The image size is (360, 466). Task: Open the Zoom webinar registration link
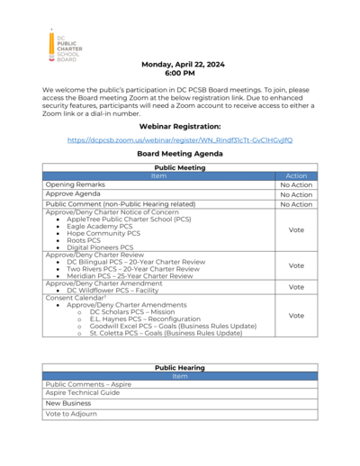click(x=179, y=140)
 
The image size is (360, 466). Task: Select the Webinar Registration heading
click(x=180, y=127)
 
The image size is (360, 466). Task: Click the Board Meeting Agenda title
click(x=180, y=154)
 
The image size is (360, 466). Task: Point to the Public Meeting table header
click(x=180, y=167)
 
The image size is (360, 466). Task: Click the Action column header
click(x=296, y=175)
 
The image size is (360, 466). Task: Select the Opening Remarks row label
click(x=71, y=184)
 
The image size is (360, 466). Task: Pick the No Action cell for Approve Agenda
click(x=296, y=194)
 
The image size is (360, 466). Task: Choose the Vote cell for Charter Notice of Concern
click(x=296, y=230)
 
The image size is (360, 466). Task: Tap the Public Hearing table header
click(x=180, y=368)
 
